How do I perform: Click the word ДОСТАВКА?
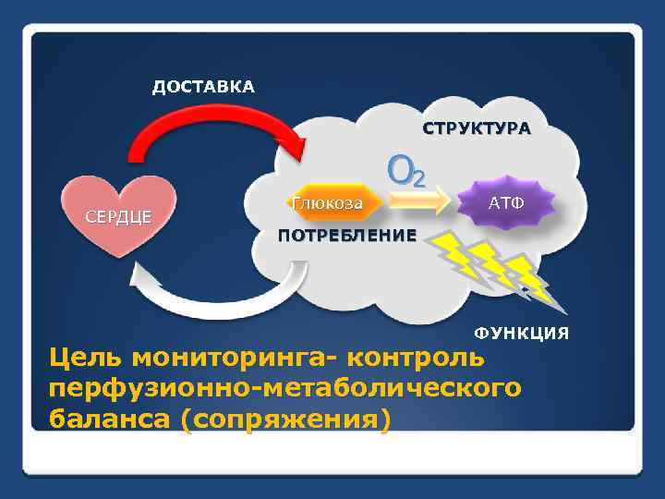pos(203,87)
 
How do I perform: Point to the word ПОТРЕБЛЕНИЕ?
pos(347,235)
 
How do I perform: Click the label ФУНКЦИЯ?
pos(521,332)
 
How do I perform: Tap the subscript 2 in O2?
pos(417,177)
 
